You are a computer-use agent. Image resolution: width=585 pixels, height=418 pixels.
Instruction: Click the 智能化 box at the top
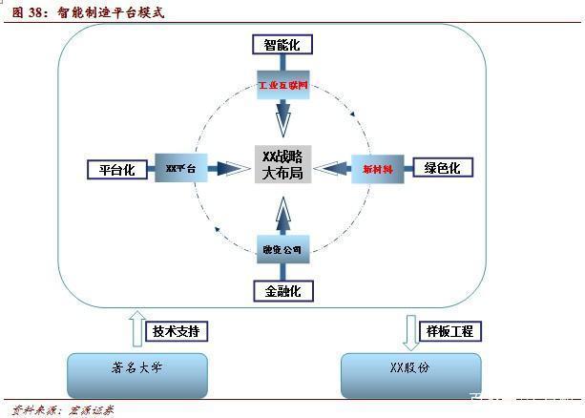point(282,44)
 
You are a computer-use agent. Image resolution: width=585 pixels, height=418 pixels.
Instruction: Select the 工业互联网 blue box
point(282,85)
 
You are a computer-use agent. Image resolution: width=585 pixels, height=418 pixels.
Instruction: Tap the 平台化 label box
point(116,170)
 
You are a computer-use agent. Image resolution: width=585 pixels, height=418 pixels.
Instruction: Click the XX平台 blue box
point(180,169)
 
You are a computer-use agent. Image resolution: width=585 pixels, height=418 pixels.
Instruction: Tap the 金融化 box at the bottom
point(282,290)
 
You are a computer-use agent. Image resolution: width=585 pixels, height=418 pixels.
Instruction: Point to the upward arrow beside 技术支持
point(136,328)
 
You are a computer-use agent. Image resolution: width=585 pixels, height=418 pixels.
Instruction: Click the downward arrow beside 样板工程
point(411,330)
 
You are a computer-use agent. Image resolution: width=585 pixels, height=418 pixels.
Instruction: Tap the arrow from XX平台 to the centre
point(229,169)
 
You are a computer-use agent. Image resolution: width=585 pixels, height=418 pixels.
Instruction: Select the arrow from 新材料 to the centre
point(333,169)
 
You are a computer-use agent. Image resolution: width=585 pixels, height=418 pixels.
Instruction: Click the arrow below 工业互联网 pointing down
point(282,119)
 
